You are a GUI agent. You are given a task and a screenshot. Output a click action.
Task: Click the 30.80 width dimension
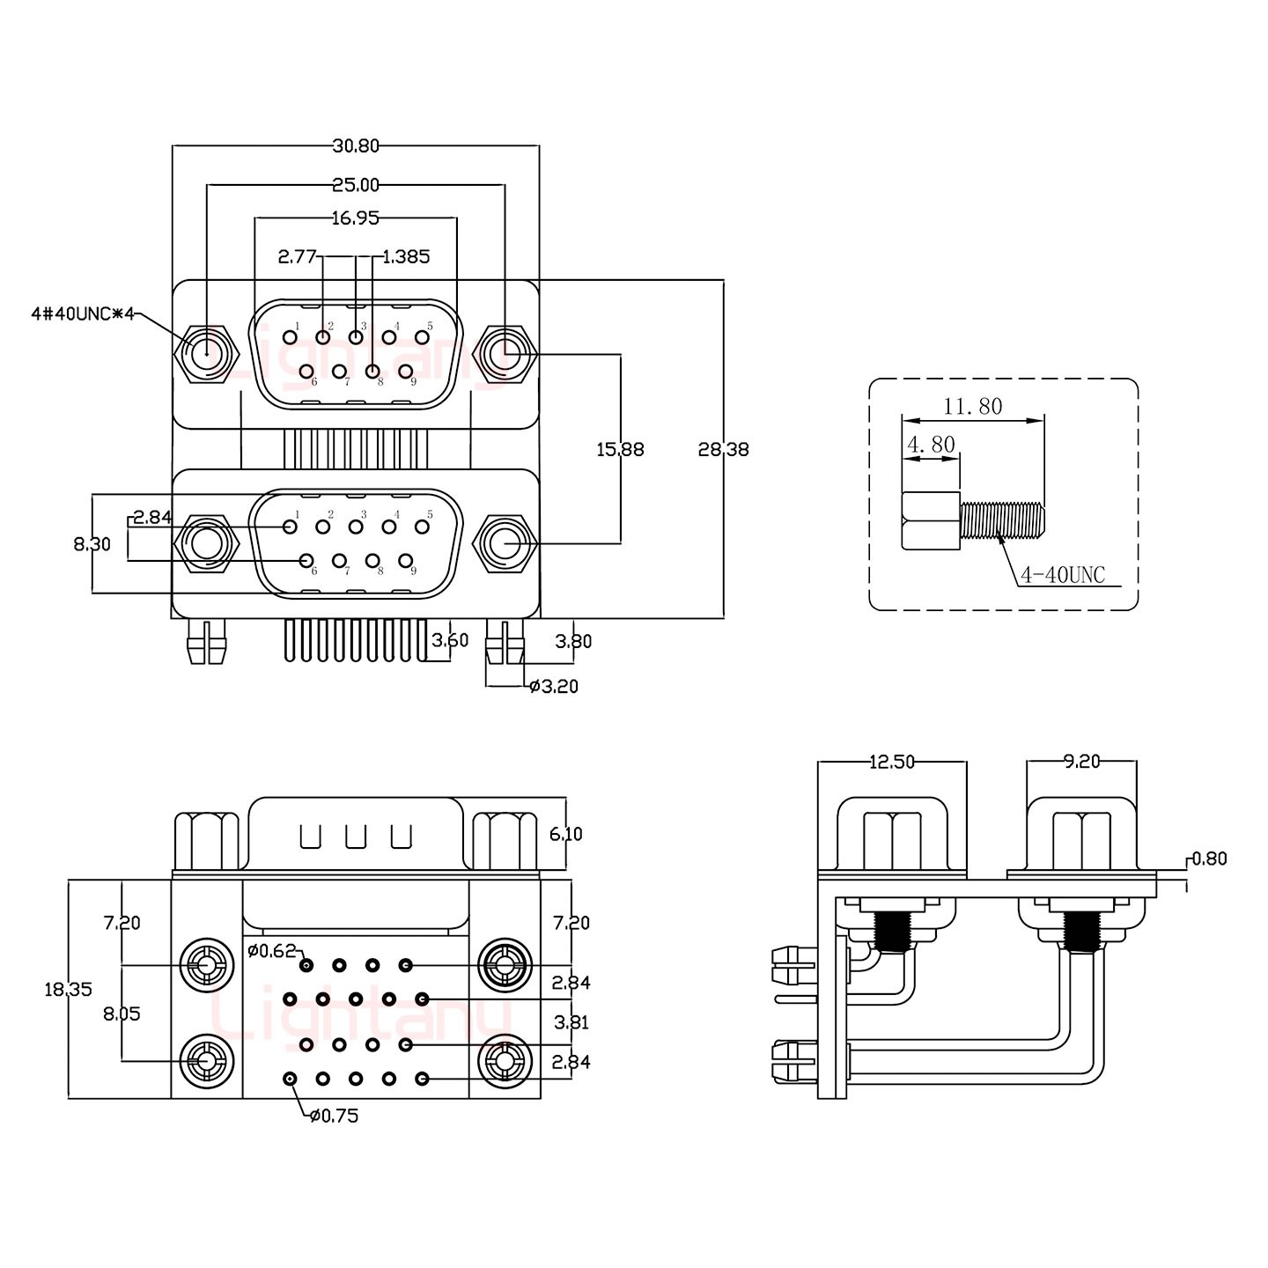tap(356, 146)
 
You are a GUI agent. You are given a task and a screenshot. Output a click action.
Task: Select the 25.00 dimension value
tap(356, 185)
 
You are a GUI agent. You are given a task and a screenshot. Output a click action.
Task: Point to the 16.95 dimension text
tap(356, 218)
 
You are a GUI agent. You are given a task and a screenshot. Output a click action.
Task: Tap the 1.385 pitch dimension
tap(406, 257)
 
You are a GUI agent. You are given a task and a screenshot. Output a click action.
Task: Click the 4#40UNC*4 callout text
tap(82, 314)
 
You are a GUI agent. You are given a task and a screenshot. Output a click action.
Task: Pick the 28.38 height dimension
tap(723, 449)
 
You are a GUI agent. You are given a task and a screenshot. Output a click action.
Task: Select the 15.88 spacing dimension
tap(621, 449)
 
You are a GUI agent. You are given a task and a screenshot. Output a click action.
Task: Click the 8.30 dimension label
tap(92, 544)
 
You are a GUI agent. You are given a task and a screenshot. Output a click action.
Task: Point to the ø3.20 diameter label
tap(554, 687)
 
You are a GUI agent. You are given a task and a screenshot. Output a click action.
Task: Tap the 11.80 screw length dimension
tap(973, 407)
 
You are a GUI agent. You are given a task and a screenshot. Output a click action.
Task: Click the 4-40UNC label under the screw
tap(1062, 576)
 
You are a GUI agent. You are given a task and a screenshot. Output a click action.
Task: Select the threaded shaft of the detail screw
tap(1003, 520)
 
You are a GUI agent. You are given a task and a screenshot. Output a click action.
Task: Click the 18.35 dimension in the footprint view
tap(69, 989)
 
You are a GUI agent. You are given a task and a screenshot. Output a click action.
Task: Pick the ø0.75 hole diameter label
tap(335, 1117)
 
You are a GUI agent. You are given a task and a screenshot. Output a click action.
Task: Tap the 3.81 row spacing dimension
tap(571, 1022)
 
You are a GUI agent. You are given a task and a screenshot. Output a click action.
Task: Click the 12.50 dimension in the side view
tap(892, 763)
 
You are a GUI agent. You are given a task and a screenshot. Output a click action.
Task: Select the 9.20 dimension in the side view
tap(1081, 763)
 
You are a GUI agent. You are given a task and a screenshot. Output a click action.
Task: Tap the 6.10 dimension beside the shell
tap(566, 834)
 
